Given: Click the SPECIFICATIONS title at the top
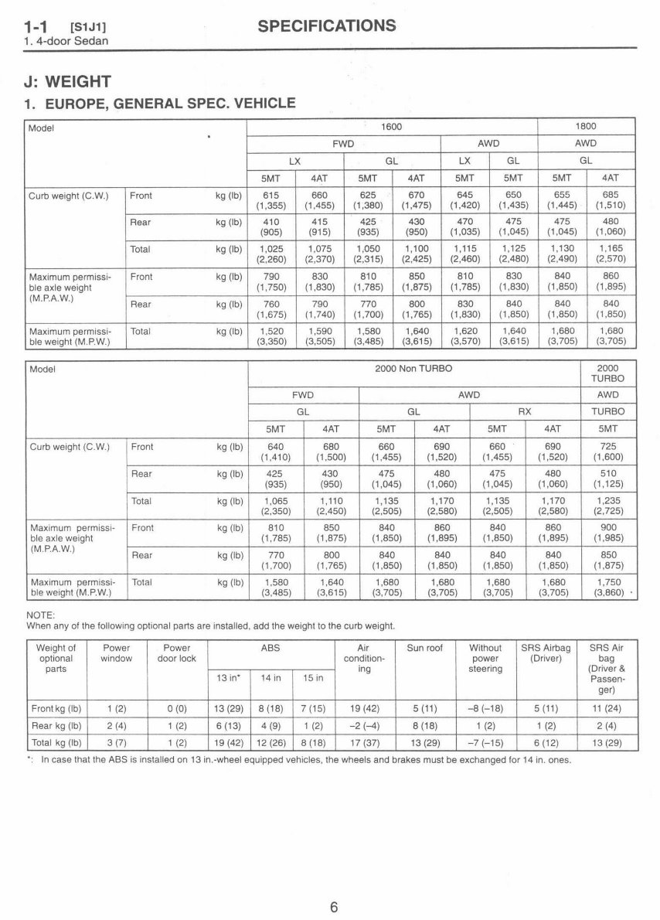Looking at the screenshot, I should point(326,26).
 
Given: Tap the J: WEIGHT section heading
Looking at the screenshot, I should point(69,81).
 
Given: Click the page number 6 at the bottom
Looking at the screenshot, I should point(334,886).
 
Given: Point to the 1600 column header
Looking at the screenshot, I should point(392,126).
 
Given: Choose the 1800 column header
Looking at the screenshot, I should point(585,126).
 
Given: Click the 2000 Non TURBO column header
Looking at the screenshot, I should point(413,369).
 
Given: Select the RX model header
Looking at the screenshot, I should point(524,411).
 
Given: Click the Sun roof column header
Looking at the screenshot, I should point(424,648).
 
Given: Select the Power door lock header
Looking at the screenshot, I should point(177,653).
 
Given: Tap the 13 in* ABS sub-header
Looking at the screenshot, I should point(225,678).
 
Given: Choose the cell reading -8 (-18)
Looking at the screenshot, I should point(485,707).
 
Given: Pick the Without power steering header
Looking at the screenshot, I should point(485,658).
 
